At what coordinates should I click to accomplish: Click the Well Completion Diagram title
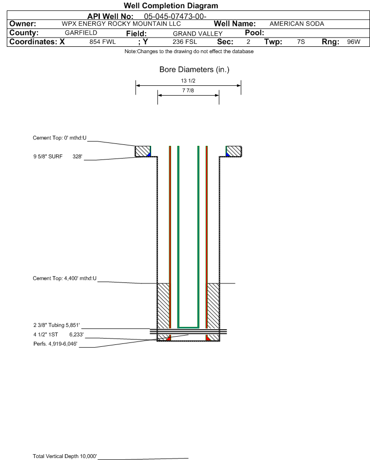click(x=171, y=5)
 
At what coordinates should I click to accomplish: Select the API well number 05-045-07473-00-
click(x=175, y=17)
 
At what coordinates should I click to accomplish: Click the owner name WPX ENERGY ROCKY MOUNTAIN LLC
click(x=121, y=24)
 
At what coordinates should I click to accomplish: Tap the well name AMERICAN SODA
click(x=297, y=24)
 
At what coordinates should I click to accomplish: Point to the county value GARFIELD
click(x=81, y=33)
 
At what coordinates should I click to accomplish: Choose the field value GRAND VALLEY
click(x=197, y=34)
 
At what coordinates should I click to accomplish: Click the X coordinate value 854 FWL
click(x=102, y=42)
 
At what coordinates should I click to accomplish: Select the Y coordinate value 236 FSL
click(x=185, y=42)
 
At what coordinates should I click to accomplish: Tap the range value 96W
click(x=353, y=42)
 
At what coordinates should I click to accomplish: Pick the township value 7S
click(x=301, y=42)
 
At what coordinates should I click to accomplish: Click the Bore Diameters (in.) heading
click(x=195, y=70)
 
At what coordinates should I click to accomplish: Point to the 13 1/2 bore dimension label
click(x=188, y=80)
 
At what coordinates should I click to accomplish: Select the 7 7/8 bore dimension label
click(x=188, y=90)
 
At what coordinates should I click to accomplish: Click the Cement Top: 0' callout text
click(x=59, y=138)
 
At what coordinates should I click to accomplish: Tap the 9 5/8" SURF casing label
click(x=48, y=157)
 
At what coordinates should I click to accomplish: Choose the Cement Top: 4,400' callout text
click(x=64, y=279)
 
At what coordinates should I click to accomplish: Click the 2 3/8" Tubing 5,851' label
click(x=56, y=325)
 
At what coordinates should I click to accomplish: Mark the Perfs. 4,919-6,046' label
click(x=55, y=344)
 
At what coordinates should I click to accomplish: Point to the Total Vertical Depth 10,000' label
click(x=64, y=456)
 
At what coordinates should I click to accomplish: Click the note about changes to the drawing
click(x=189, y=51)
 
